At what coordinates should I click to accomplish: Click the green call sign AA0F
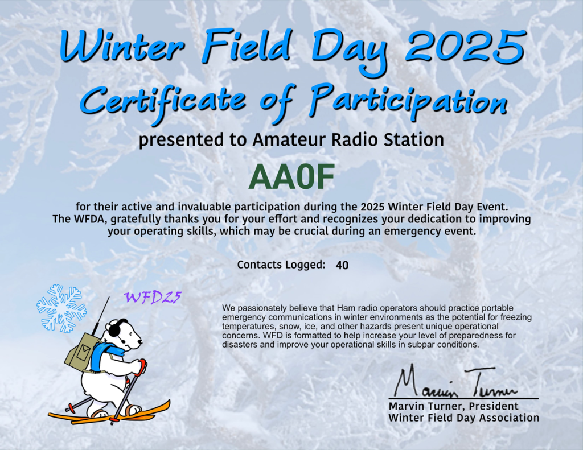coord(291,177)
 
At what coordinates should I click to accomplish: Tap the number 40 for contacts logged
coord(342,265)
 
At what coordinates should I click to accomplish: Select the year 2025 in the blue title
coord(465,47)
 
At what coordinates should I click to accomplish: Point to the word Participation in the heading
coord(408,100)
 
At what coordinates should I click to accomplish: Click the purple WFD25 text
coord(153,298)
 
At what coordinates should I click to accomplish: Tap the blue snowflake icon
coord(61,308)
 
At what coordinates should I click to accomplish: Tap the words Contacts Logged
coord(281,265)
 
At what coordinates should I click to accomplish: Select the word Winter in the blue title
coord(122,47)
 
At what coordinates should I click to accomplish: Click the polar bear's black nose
coord(140,342)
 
